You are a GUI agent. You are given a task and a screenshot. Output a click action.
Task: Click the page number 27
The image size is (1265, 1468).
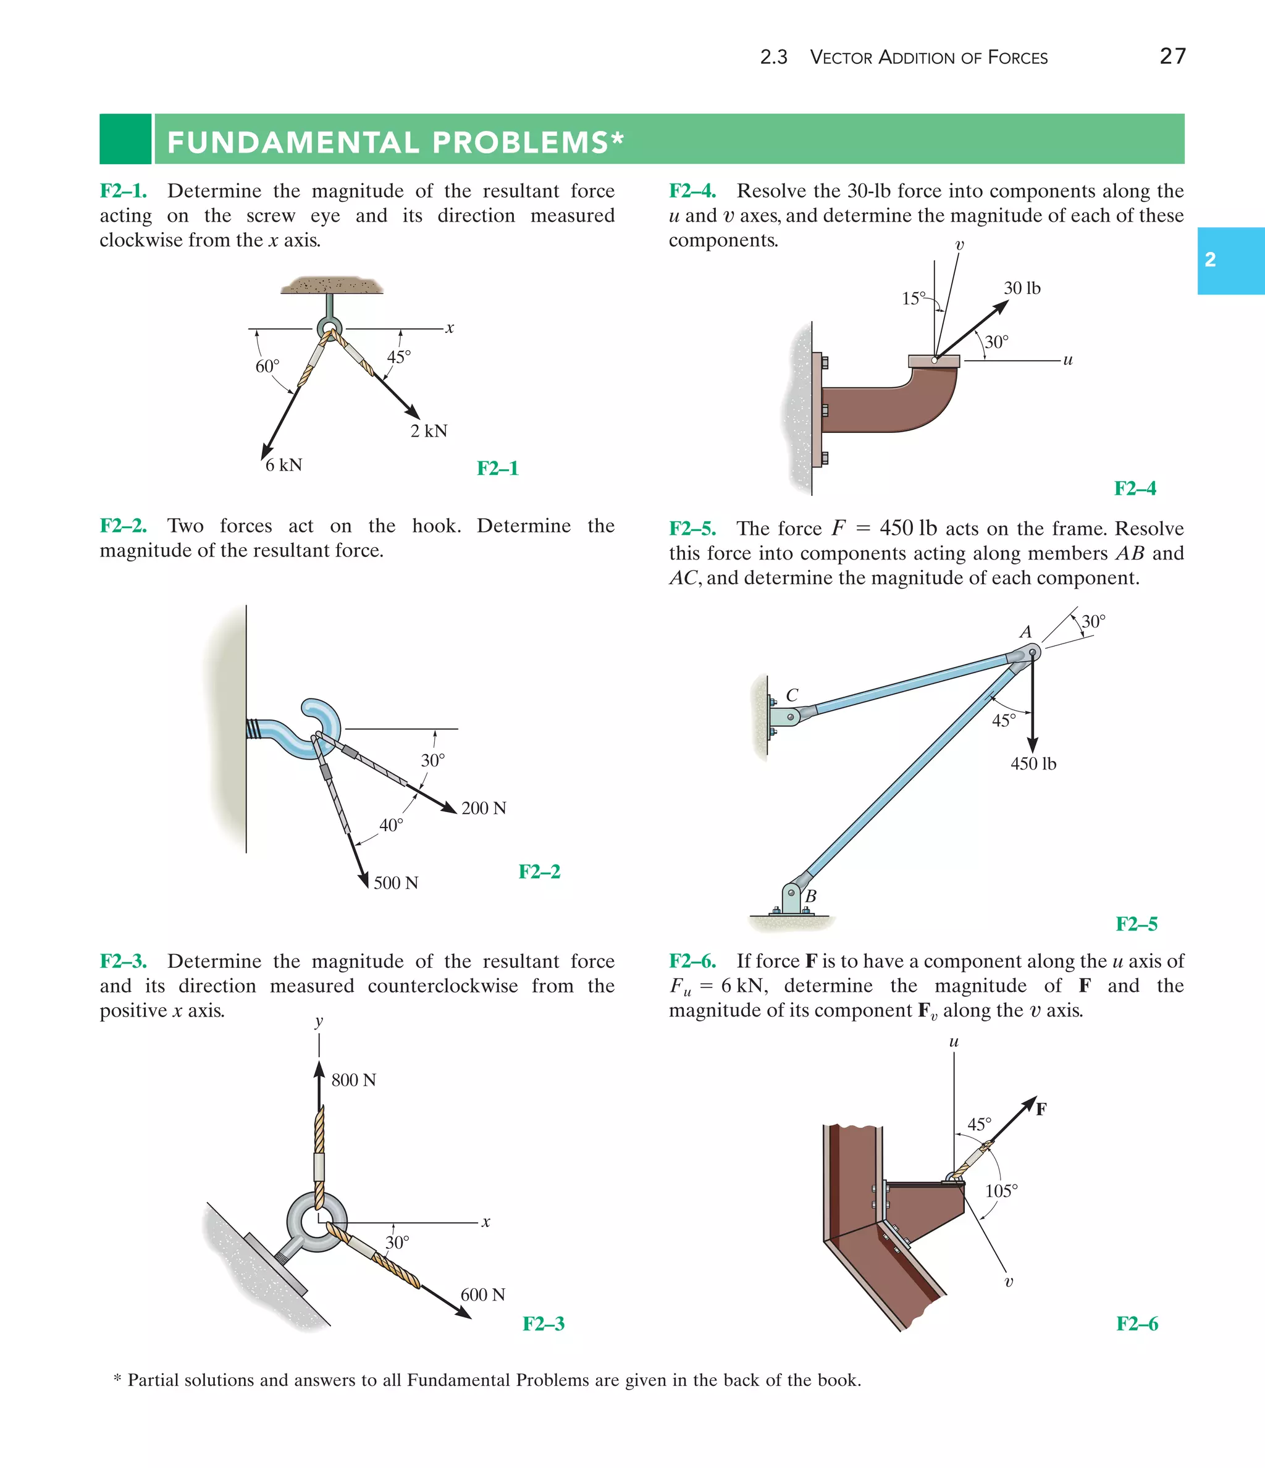click(1172, 56)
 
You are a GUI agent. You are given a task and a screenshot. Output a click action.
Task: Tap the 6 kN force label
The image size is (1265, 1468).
click(284, 465)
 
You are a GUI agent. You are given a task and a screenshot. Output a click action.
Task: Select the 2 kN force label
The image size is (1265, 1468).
click(429, 430)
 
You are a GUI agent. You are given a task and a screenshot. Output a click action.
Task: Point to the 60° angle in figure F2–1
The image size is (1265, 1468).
click(267, 366)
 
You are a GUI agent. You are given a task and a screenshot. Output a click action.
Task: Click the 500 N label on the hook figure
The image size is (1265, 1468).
click(395, 883)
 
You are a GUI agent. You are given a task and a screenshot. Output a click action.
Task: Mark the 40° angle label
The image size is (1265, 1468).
click(391, 824)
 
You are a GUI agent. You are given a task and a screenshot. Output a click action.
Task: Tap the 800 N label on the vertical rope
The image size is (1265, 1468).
click(354, 1080)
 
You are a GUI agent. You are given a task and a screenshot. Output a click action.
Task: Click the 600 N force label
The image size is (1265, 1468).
click(482, 1294)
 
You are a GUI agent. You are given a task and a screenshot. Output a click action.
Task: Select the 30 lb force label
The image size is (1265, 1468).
click(1022, 288)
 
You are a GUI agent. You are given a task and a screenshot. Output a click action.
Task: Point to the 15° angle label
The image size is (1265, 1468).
click(914, 298)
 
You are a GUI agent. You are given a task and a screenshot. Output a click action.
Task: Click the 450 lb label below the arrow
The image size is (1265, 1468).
click(1033, 764)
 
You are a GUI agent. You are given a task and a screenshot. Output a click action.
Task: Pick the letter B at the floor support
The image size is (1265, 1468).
click(811, 896)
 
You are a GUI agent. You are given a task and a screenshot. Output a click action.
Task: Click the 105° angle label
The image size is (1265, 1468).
click(1001, 1190)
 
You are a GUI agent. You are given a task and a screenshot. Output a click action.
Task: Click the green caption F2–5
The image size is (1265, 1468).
click(1136, 924)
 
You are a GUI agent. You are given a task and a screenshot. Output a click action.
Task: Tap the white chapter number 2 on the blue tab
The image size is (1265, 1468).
click(1211, 260)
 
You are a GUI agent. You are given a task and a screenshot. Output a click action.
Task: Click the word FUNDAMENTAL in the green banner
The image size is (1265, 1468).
click(295, 143)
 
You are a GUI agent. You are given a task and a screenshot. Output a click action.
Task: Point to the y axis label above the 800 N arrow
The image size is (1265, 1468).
click(319, 1021)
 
